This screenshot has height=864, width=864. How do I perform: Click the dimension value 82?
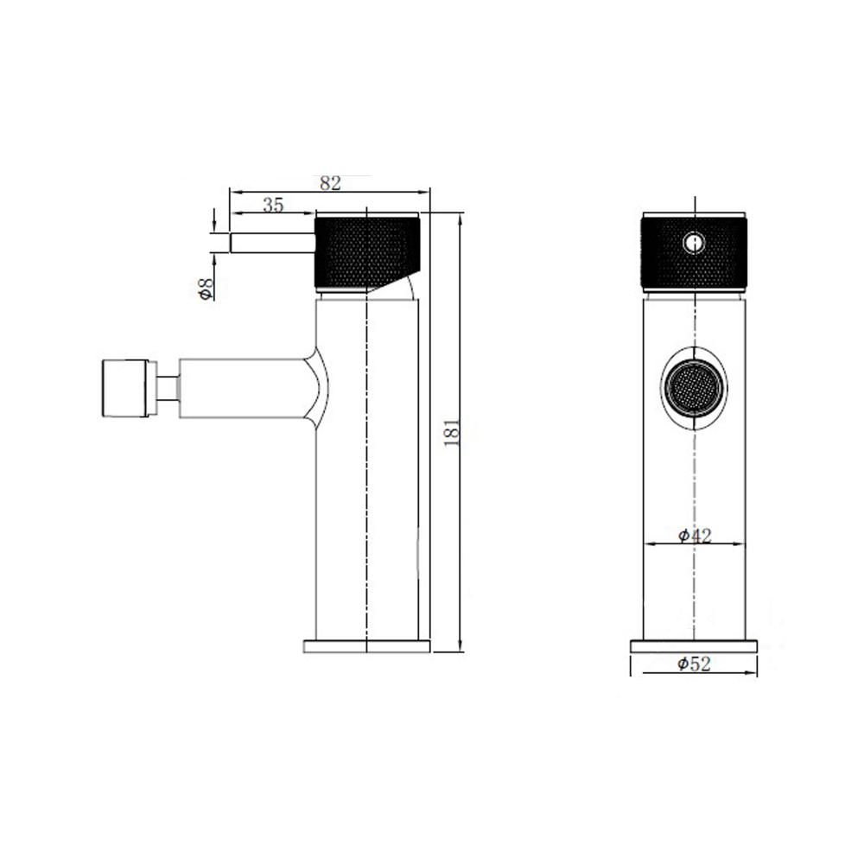(331, 183)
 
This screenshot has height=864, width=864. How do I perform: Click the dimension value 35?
(273, 205)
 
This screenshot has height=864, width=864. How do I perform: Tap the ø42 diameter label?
(695, 537)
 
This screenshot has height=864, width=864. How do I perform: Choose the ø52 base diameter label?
(695, 664)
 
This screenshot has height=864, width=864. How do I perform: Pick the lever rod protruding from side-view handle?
(270, 243)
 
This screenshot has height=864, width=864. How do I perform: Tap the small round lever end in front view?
(693, 243)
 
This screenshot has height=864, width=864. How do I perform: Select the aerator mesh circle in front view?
(695, 387)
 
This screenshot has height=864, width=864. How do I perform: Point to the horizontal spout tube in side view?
(242, 387)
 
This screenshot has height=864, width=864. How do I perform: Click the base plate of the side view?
(367, 646)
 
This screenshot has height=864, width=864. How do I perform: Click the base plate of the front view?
(694, 646)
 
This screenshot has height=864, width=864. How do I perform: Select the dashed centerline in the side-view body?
(368, 484)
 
